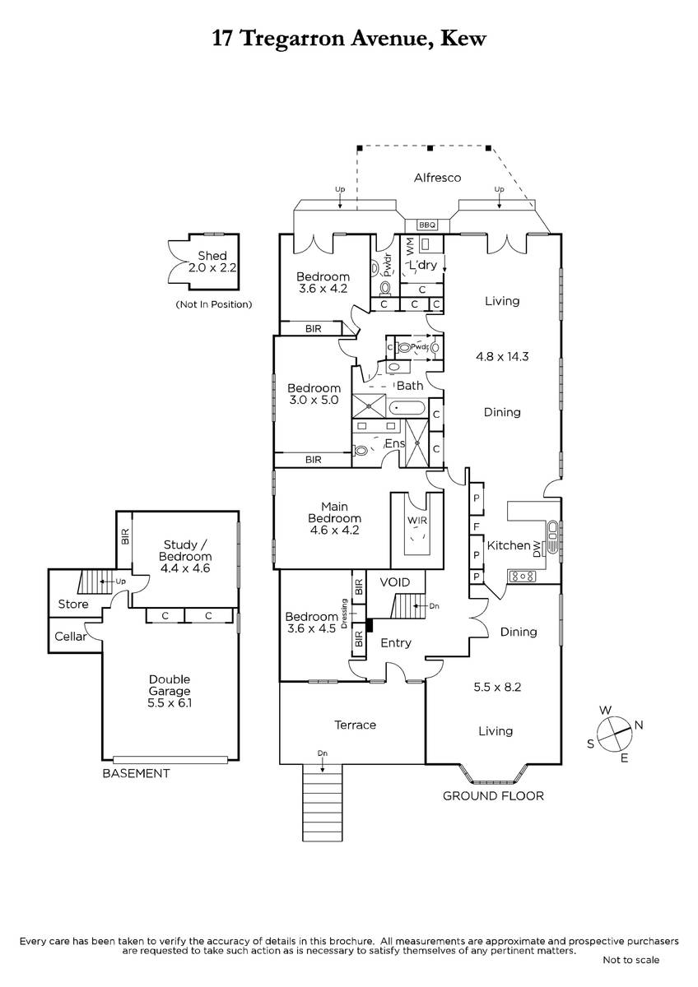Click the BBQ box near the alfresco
tap(427, 225)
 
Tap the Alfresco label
tap(437, 178)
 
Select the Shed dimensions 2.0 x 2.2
tap(212, 267)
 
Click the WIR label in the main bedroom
tap(417, 521)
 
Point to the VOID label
tap(394, 582)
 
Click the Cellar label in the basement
tap(71, 637)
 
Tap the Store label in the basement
tap(73, 604)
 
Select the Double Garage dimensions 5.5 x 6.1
tap(170, 702)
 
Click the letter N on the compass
tap(639, 725)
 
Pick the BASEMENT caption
tap(136, 773)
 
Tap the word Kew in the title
tap(463, 39)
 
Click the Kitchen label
tap(509, 545)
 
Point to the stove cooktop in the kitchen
tap(522, 576)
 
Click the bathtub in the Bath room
tap(407, 408)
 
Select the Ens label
tap(394, 443)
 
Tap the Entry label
tap(396, 643)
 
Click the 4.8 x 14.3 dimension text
tap(502, 356)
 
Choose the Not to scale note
tap(631, 960)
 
